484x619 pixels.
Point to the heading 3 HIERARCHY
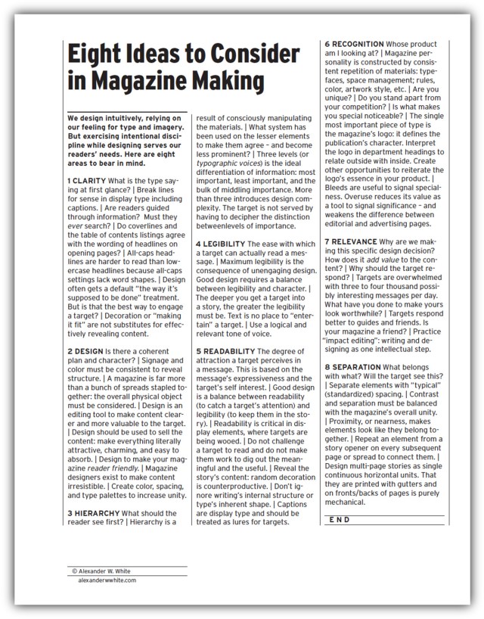(100, 512)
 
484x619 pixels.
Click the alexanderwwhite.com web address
(106, 581)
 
